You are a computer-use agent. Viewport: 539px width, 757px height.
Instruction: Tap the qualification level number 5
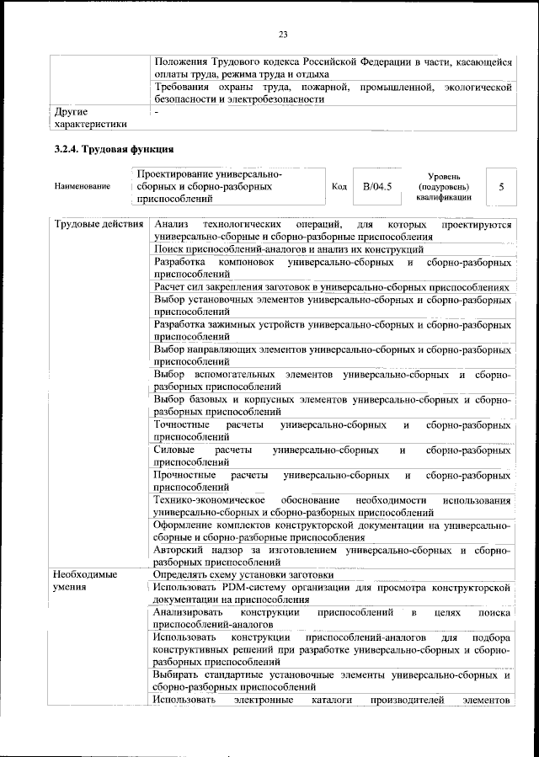tap(501, 186)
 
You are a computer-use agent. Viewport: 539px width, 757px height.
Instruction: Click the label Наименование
tap(82, 186)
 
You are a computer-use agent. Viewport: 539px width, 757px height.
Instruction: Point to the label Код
tap(339, 186)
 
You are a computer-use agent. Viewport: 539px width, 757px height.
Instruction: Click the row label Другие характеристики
tap(89, 117)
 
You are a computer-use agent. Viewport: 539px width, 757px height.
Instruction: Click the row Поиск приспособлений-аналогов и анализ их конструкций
tap(288, 250)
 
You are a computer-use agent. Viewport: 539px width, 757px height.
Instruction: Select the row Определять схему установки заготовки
tap(243, 574)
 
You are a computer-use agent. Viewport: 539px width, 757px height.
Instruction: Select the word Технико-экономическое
tap(210, 499)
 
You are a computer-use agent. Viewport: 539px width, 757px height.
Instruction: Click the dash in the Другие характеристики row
tap(157, 111)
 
